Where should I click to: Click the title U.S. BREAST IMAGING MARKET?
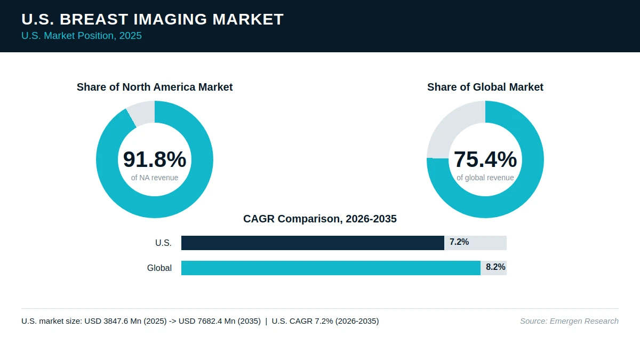[x=153, y=19]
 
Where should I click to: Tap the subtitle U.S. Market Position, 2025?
[x=82, y=36]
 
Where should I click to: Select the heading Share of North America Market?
[x=155, y=87]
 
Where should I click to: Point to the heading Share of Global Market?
[x=485, y=87]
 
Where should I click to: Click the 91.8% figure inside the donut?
[x=155, y=159]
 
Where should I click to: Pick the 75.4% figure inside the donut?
[x=485, y=159]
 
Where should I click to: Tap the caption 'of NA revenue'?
[x=155, y=178]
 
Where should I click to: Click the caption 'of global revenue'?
[x=485, y=178]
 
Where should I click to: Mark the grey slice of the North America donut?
[x=142, y=114]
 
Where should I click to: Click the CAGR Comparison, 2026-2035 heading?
[x=320, y=219]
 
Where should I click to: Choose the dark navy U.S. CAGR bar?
[x=313, y=243]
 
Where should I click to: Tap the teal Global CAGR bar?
[x=331, y=268]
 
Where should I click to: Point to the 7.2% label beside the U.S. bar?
[x=459, y=242]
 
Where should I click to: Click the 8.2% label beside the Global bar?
[x=495, y=267]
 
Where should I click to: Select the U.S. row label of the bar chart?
[x=163, y=243]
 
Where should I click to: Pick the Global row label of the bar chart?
[x=159, y=268]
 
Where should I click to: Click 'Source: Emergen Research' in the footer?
[x=570, y=321]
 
